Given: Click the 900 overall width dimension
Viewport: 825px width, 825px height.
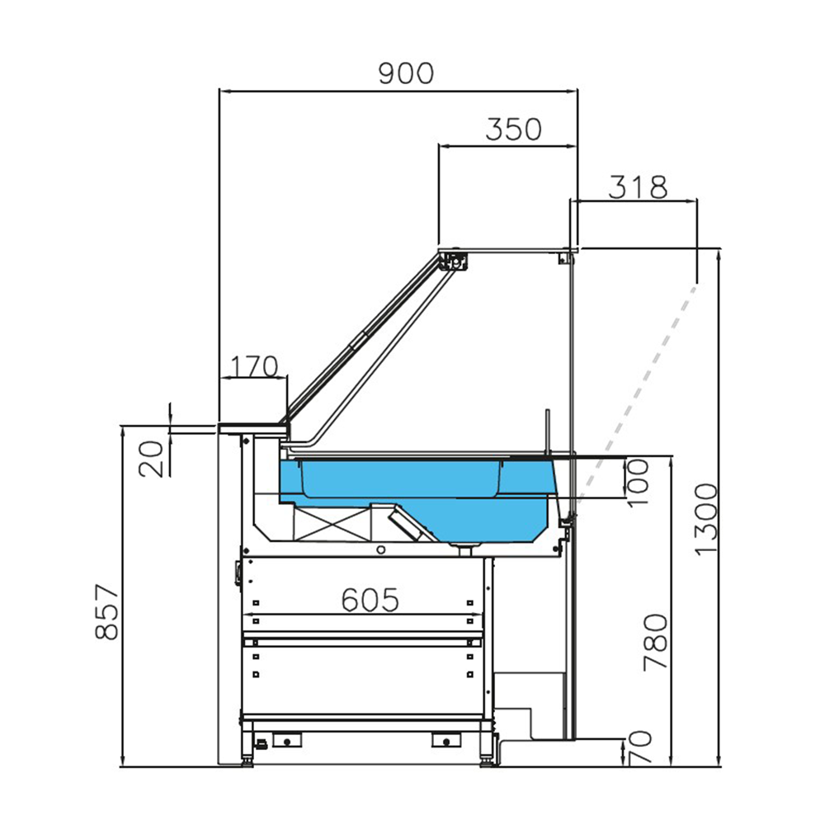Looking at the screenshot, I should point(405,73).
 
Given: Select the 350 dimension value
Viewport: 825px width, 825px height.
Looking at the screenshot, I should point(513,130).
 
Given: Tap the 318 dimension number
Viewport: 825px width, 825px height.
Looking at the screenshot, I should point(637,187).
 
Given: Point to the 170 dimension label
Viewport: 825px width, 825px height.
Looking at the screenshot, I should point(253,366).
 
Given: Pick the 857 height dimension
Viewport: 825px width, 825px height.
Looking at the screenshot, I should point(106,612).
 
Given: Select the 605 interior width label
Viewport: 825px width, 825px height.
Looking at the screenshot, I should point(370,600).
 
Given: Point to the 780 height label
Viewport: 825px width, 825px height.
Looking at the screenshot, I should point(656,642).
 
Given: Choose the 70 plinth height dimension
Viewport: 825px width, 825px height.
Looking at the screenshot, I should point(642,747).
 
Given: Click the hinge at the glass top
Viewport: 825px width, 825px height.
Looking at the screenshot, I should point(453,261).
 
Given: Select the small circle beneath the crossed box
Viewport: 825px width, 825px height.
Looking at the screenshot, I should point(380,549).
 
